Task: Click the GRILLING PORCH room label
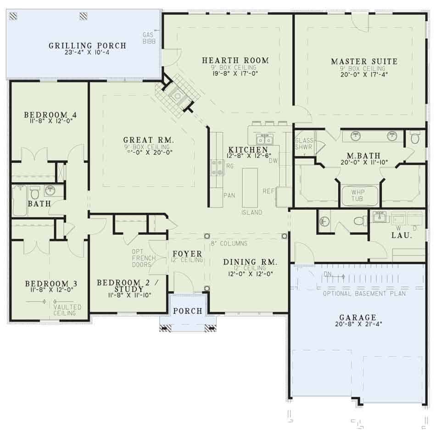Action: (87, 45)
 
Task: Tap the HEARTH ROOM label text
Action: (235, 60)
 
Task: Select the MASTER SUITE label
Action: (364, 61)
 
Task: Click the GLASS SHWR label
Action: (303, 144)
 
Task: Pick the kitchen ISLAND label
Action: (252, 213)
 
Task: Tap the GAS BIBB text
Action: (148, 38)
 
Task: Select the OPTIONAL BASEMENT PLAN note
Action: (364, 293)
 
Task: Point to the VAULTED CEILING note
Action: (67, 310)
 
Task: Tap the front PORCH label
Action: (188, 311)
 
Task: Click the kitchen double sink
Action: (264, 140)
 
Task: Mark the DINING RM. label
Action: (250, 262)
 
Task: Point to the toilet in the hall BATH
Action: (35, 191)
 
